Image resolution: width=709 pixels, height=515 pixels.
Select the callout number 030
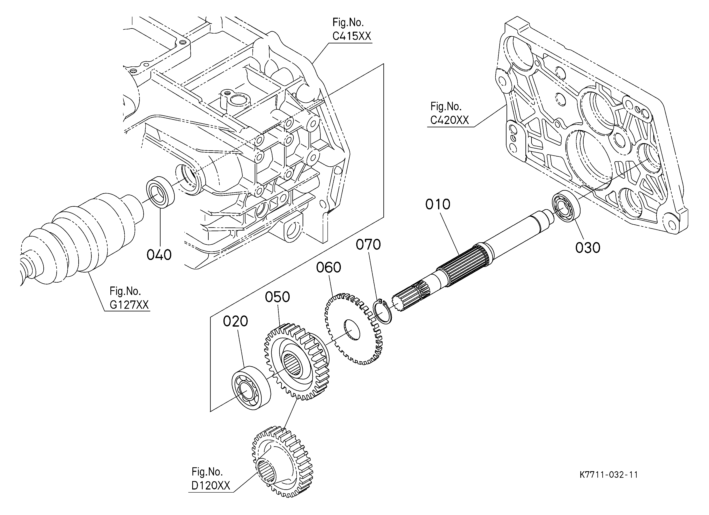click(x=588, y=248)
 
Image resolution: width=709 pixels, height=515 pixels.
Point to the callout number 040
click(x=159, y=255)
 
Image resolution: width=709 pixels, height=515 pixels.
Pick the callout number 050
click(x=278, y=297)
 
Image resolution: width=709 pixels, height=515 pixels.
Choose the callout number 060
click(x=328, y=267)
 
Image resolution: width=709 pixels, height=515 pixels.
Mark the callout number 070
click(x=368, y=245)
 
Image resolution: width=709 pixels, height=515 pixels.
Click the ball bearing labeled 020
click(x=251, y=387)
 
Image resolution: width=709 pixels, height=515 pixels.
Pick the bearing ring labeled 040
click(x=160, y=192)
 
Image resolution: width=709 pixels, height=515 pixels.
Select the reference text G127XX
click(x=129, y=305)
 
